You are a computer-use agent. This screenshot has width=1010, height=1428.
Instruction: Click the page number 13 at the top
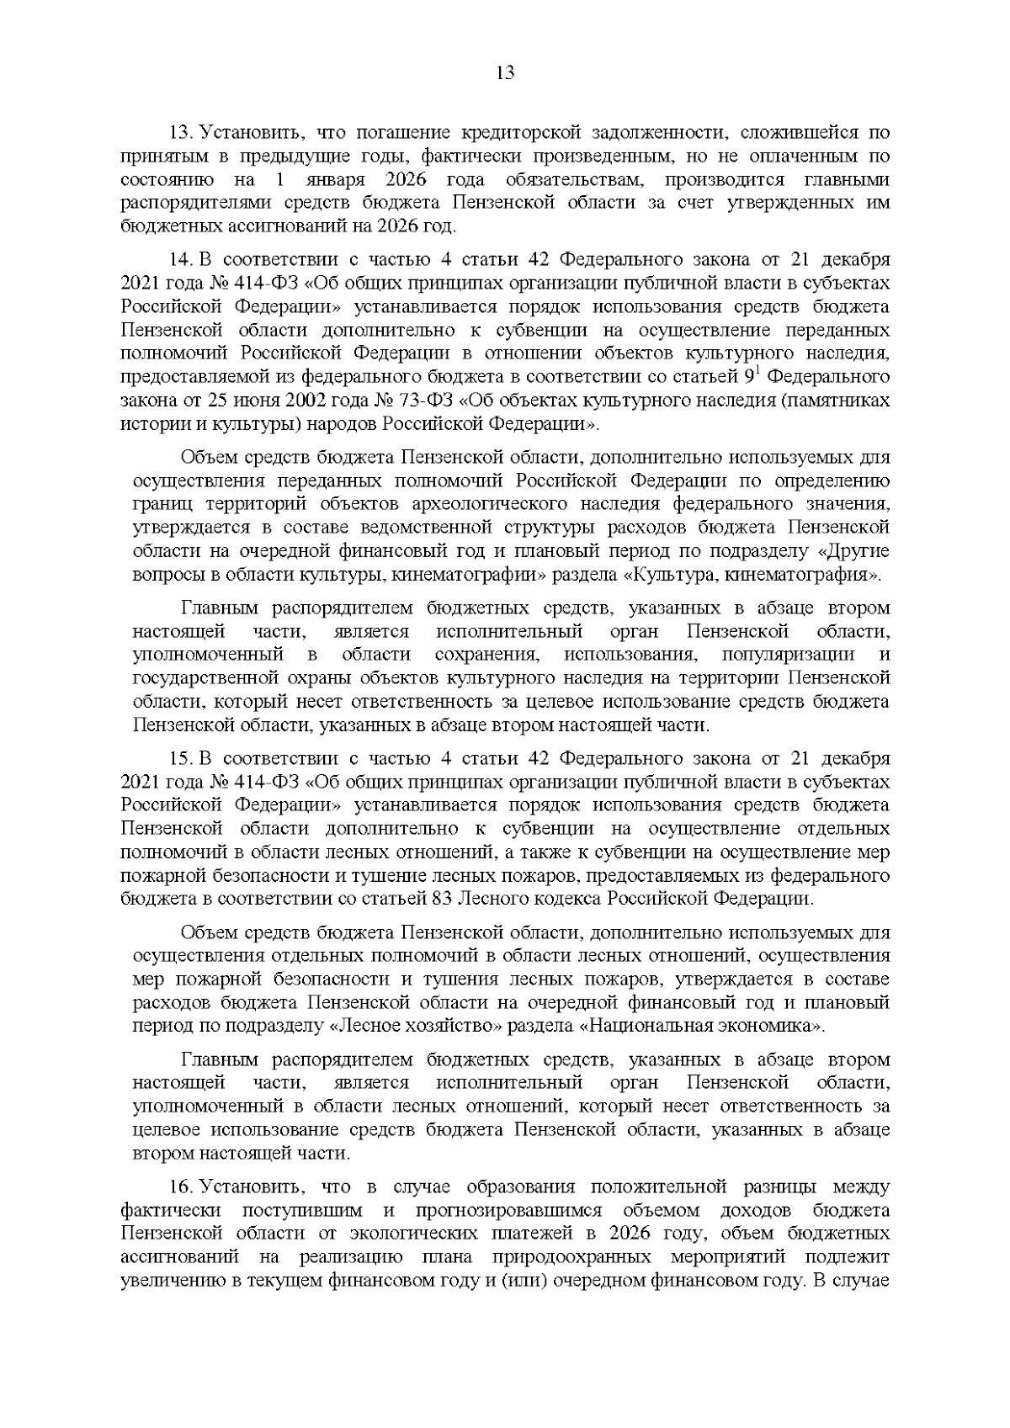[x=505, y=73]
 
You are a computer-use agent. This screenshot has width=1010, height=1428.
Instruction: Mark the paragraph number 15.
[x=182, y=760]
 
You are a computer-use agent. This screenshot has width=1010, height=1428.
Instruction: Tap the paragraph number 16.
[x=182, y=1187]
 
